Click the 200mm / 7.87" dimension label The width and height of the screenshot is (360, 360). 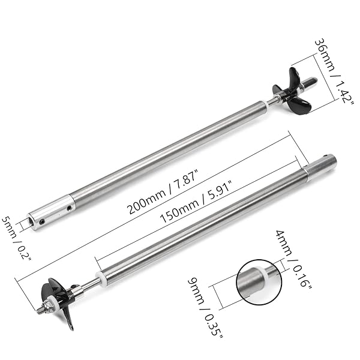pos(163,192)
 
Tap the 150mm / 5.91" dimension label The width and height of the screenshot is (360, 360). pos(196,202)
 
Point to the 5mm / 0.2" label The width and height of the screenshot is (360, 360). pos(16,238)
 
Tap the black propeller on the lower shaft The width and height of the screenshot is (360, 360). pos(59,301)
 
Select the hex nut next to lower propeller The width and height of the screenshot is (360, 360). pos(49,306)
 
